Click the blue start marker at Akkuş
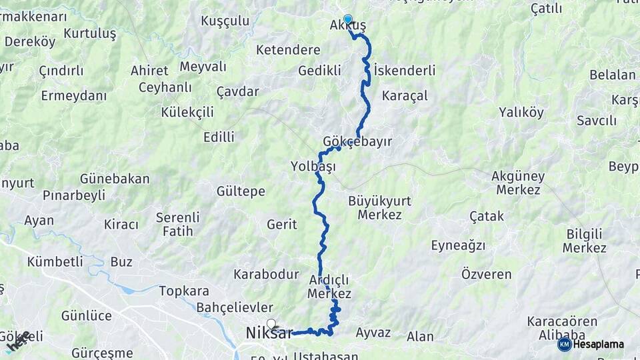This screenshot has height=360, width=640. click(x=347, y=19)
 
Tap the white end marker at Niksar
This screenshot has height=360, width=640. click(x=271, y=324)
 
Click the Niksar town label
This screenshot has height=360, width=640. click(x=269, y=333)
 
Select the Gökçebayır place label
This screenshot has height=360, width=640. click(x=357, y=142)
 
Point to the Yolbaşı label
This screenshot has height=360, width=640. click(x=313, y=166)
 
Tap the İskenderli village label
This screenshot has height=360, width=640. click(x=405, y=70)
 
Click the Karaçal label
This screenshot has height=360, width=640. click(x=405, y=95)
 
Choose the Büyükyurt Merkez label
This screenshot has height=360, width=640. click(x=379, y=207)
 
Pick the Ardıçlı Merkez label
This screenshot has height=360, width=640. click(x=329, y=285)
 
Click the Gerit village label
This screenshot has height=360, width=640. click(x=281, y=225)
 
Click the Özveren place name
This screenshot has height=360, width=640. click(x=486, y=274)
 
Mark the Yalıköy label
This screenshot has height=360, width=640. click(x=521, y=112)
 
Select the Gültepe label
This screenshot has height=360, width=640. click(x=241, y=191)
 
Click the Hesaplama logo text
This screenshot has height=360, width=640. click(x=598, y=345)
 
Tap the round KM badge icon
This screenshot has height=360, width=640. click(x=564, y=345)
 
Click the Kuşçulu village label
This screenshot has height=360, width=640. click(x=225, y=21)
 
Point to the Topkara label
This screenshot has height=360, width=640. click(x=184, y=291)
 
